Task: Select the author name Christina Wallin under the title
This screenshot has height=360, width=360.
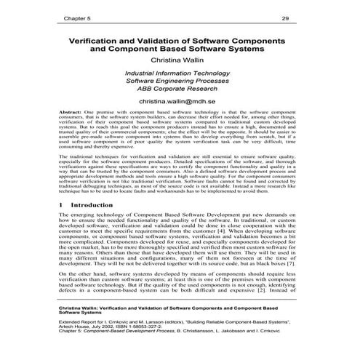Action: coord(180,61)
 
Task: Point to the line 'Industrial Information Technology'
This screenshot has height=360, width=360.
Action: coord(180,74)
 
